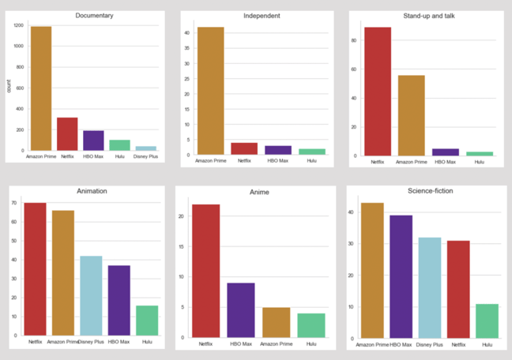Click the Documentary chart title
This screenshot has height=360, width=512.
94,15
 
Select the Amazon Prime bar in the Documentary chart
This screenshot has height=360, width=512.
40,88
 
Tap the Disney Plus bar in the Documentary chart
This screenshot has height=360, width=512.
145,148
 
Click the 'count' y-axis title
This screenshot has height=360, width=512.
9,86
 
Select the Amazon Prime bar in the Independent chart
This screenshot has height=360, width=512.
211,91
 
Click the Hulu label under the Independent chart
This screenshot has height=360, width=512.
312,161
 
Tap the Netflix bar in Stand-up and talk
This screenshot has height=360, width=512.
378,92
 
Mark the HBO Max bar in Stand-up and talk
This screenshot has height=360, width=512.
446,152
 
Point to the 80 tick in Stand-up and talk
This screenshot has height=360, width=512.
356,40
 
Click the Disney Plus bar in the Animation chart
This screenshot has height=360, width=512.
91,295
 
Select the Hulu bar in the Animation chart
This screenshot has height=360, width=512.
146,320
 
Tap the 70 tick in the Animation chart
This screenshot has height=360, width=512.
15,204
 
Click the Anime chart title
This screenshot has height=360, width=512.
260,192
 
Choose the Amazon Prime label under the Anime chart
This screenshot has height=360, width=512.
277,343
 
